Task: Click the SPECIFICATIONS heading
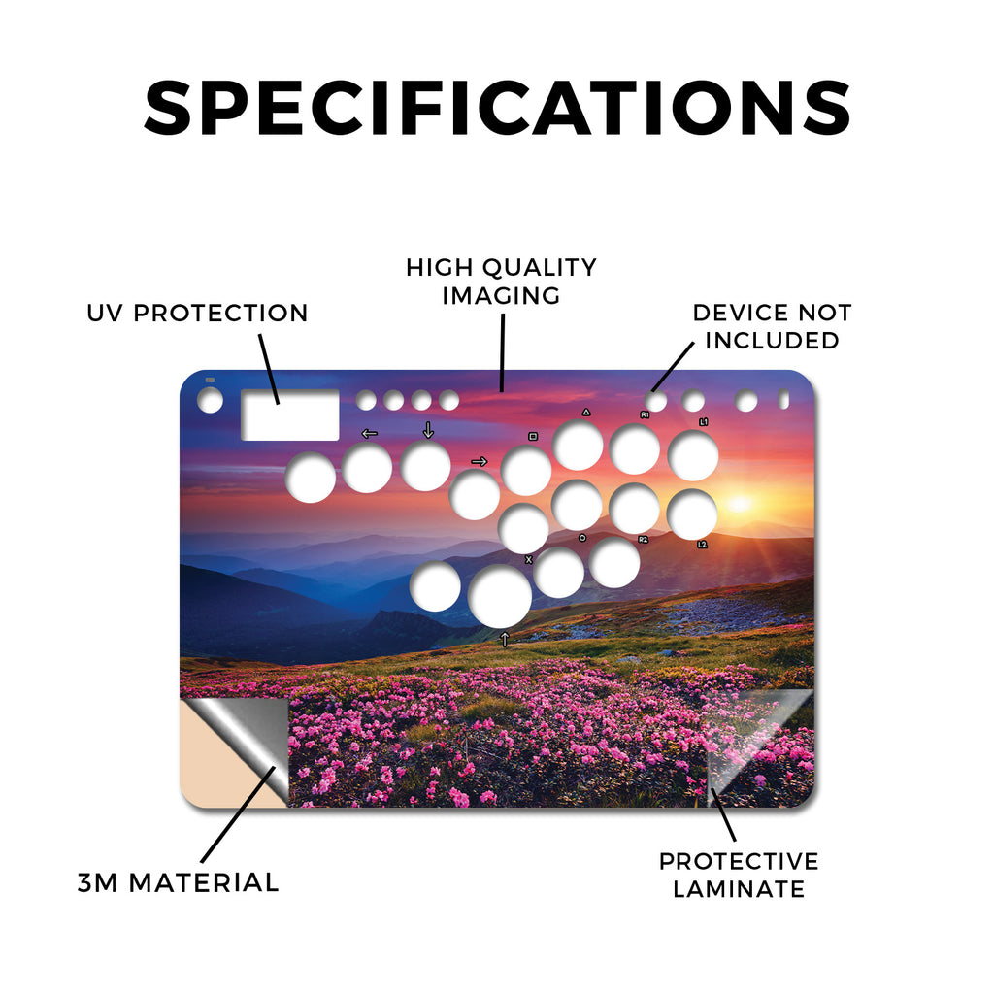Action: click(497, 108)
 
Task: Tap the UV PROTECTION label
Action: click(197, 313)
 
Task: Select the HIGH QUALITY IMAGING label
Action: click(502, 282)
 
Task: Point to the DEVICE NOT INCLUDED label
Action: click(772, 326)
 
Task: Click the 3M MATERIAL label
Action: click(179, 882)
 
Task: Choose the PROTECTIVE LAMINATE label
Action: click(739, 876)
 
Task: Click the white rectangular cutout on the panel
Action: click(289, 415)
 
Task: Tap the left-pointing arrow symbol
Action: click(369, 434)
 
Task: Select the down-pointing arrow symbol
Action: click(428, 430)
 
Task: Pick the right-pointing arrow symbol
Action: click(480, 461)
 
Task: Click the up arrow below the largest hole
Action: click(505, 639)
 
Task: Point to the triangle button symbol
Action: click(586, 412)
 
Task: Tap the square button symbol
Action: click(533, 436)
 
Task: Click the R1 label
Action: click(645, 415)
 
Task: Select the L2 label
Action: click(703, 545)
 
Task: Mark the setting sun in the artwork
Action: click(739, 504)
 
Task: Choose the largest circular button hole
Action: click(500, 596)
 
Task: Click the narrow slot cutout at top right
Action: click(783, 399)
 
